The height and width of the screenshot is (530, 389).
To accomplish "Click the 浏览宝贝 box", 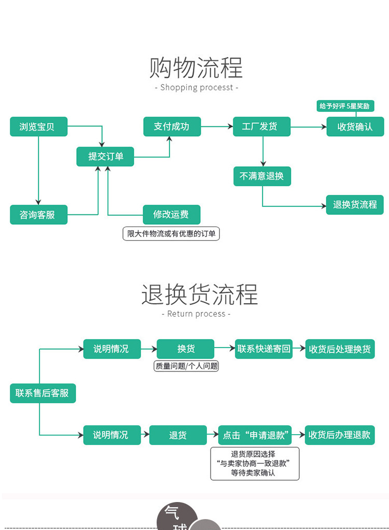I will click(38, 126).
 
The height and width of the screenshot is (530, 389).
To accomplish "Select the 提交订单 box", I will click(105, 156).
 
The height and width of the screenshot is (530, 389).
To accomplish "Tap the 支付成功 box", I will click(172, 126).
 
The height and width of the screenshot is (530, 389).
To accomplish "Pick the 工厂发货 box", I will click(261, 126).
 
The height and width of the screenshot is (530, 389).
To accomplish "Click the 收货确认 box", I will click(355, 126).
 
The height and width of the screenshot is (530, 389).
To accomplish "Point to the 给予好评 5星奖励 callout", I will click(345, 106).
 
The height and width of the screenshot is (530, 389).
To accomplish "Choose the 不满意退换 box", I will click(261, 176).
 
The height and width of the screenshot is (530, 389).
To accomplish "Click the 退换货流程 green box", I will click(355, 205).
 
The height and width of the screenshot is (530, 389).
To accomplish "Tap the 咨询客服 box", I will click(38, 214).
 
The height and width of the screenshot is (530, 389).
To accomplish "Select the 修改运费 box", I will click(171, 214).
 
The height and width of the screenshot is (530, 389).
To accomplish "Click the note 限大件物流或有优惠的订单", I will click(171, 234).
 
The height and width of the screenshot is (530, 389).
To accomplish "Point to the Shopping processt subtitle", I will click(197, 88).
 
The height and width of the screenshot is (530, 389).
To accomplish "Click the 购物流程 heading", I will click(196, 68).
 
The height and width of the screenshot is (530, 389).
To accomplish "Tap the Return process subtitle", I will click(196, 314).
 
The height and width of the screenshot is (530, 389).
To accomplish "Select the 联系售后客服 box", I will click(43, 393).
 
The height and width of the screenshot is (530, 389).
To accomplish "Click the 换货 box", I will click(185, 349).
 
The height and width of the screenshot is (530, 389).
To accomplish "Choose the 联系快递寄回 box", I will click(263, 349).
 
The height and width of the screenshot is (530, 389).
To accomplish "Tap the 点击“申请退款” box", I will click(255, 435).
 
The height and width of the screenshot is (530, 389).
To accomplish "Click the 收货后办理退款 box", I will click(340, 435).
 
